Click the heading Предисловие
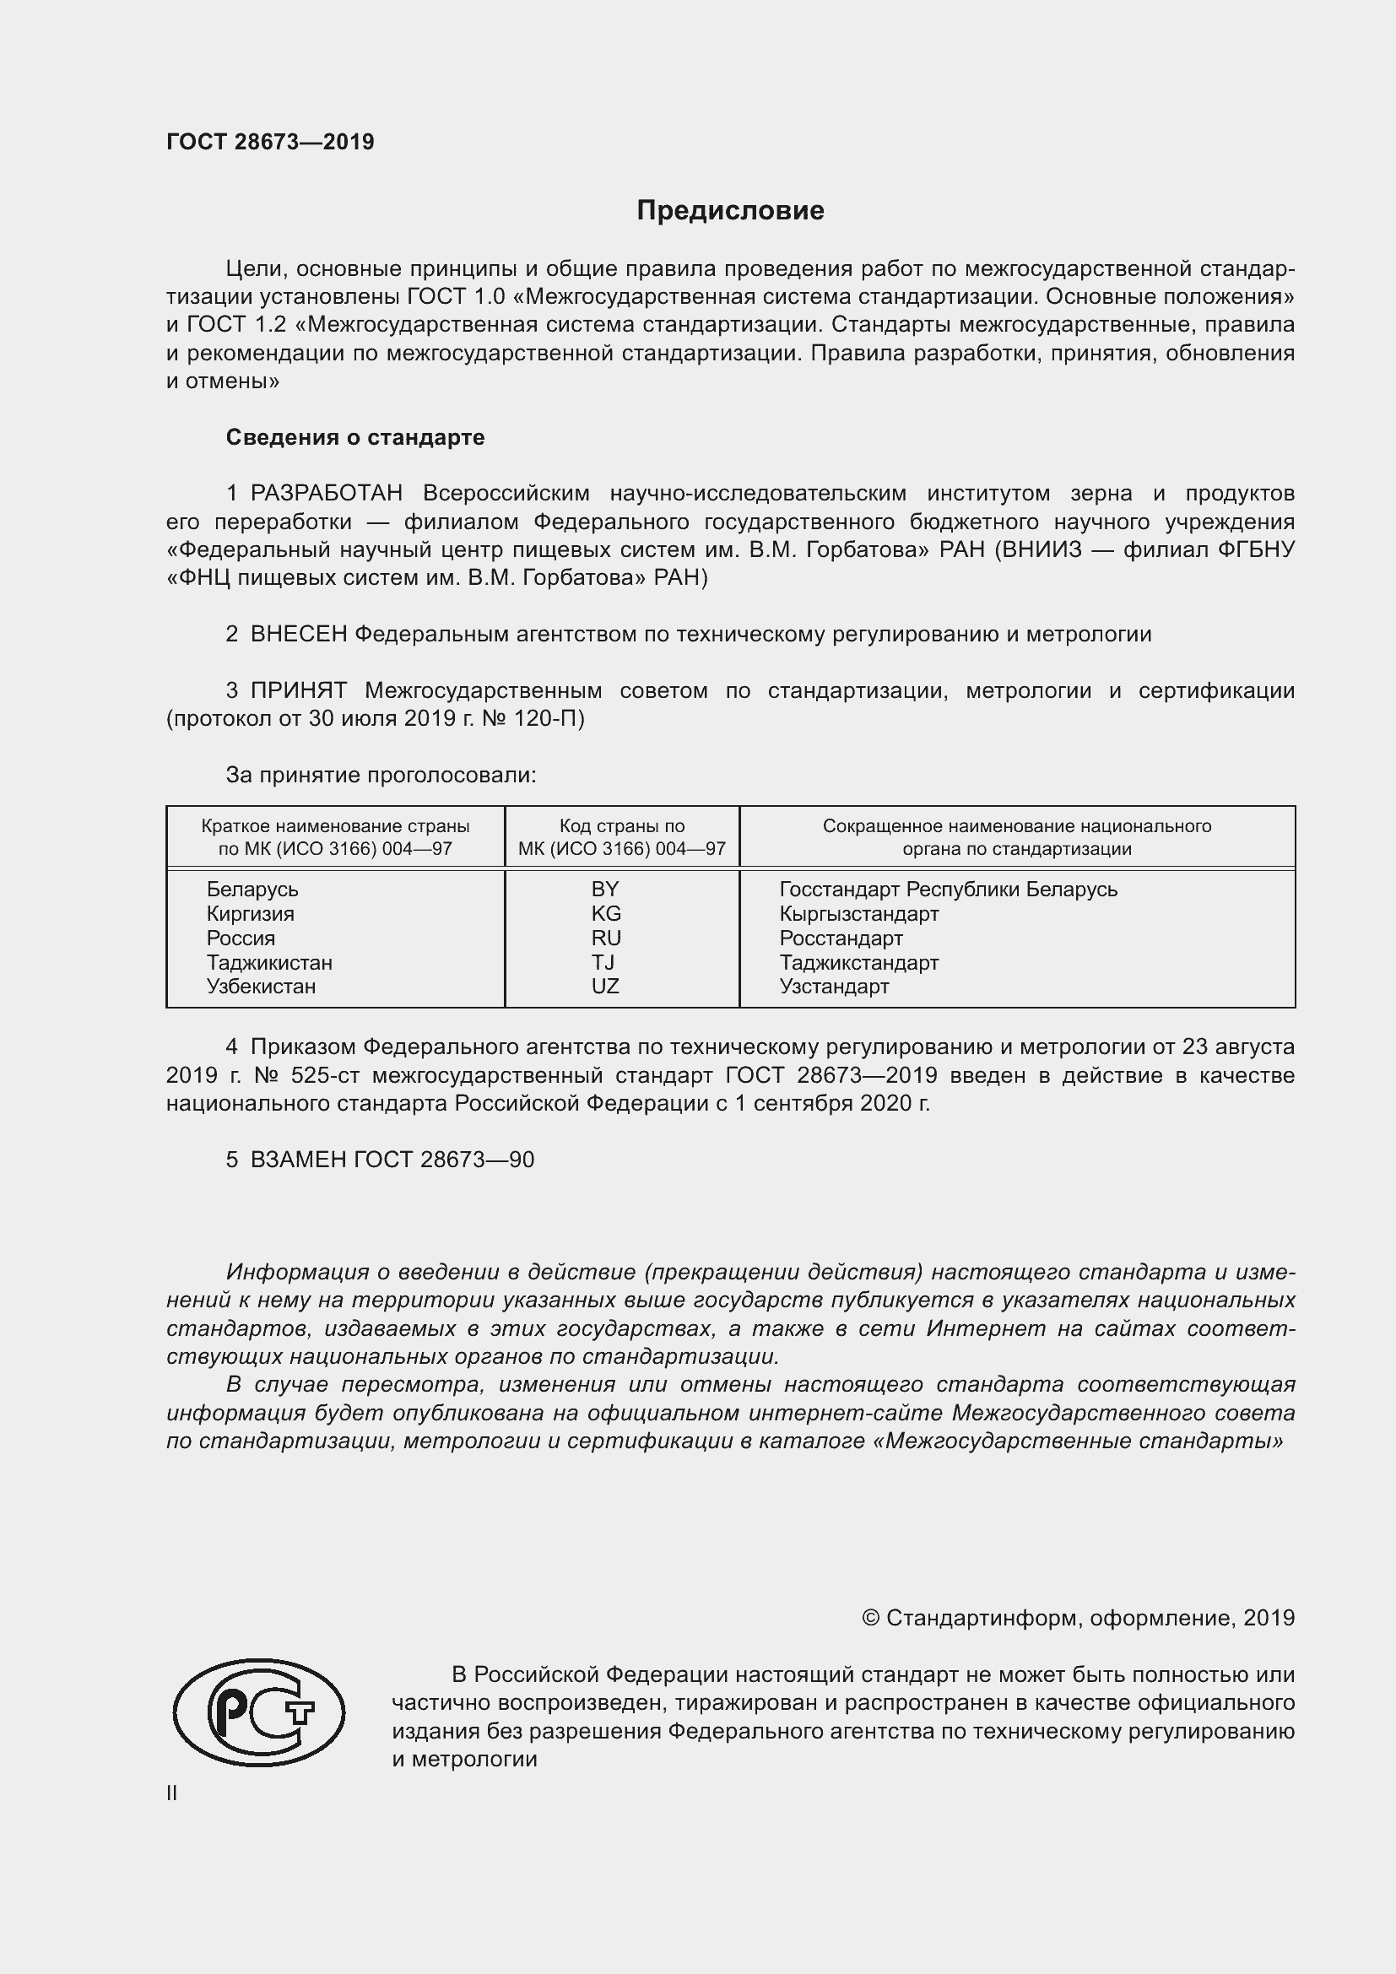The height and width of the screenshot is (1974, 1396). pos(730,211)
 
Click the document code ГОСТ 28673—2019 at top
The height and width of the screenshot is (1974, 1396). pos(270,142)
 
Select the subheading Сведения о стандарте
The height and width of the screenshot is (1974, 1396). pos(355,438)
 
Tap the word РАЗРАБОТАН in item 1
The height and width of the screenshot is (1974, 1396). pos(326,494)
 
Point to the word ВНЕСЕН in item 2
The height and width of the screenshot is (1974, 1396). pos(298,635)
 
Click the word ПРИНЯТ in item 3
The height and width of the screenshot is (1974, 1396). pos(298,690)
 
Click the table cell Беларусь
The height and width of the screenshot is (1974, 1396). pos(252,889)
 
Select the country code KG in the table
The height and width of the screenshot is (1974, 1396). pos(606,913)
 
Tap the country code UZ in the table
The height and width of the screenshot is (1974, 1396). pos(605,986)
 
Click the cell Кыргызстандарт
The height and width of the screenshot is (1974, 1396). pos(858,913)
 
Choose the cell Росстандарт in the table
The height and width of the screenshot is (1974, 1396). pos(841,938)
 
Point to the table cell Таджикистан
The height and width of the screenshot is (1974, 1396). pos(269,962)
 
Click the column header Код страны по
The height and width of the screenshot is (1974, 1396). pos(621,826)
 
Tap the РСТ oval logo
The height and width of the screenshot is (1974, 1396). pos(259,1712)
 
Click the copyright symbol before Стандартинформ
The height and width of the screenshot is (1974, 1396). pos(870,1619)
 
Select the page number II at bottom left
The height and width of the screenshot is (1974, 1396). pos(172,1793)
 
